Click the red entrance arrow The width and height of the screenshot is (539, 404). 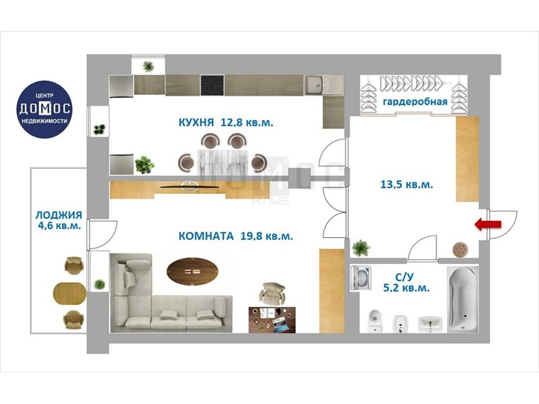(488, 225)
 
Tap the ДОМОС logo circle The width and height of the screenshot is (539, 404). (44, 109)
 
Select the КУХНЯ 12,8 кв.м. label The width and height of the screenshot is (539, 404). (226, 123)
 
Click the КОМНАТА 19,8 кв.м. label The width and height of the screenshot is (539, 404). (236, 236)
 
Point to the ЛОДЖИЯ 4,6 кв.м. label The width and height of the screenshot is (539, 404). (59, 221)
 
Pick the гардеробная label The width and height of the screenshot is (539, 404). (415, 102)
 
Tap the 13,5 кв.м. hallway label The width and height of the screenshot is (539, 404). (407, 184)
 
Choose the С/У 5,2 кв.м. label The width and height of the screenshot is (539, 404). (407, 282)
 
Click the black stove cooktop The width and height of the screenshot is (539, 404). (212, 86)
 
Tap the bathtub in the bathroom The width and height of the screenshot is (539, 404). (463, 299)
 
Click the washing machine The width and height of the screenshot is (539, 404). (360, 277)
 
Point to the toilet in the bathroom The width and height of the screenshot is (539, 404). (375, 321)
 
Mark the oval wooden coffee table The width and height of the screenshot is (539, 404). (193, 271)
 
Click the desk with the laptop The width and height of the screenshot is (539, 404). (272, 319)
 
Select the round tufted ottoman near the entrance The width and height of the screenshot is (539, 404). (460, 249)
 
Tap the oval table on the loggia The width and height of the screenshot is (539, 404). (69, 294)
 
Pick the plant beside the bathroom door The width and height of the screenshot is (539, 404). (361, 247)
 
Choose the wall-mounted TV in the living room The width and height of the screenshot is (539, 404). (190, 187)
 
